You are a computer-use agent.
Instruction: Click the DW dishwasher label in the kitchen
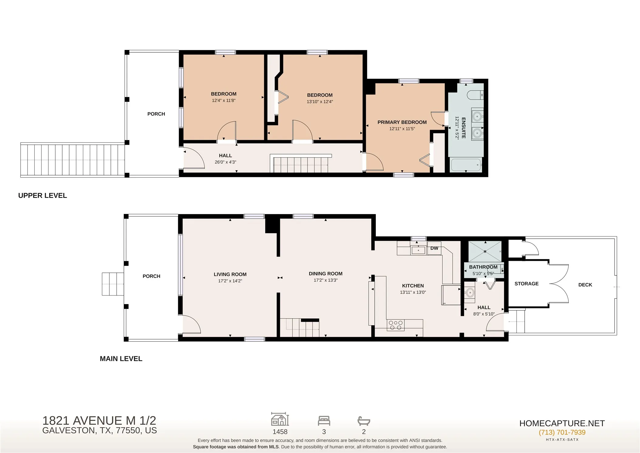434,248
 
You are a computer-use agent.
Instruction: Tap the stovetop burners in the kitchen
396,325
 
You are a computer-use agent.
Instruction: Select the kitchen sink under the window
419,250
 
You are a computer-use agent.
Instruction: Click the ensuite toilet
475,95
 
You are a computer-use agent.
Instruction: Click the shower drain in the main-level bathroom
485,251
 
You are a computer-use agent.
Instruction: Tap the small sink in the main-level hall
470,292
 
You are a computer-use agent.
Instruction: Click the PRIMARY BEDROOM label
402,122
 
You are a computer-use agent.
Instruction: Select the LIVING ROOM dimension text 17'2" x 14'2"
230,281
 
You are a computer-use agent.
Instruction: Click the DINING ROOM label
325,274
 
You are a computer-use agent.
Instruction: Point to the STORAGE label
526,284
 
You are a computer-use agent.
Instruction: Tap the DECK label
585,285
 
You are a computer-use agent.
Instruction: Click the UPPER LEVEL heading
43,195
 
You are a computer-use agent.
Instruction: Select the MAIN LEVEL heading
121,359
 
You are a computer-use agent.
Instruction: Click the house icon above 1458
280,419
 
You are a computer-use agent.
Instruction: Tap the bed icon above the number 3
324,421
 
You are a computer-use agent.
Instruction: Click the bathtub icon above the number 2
364,421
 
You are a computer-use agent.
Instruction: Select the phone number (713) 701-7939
562,432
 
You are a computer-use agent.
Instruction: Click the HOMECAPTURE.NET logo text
562,423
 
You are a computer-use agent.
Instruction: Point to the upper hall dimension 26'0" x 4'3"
225,162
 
